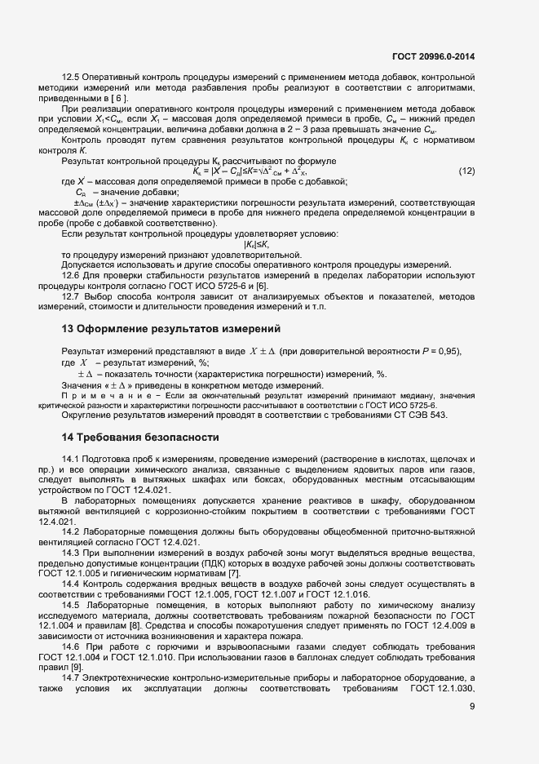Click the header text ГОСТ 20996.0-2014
tap(433, 56)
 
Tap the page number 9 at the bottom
tap(472, 729)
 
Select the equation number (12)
tap(466, 171)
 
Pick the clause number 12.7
tap(73, 296)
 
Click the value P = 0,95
tap(440, 351)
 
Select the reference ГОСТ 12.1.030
tap(443, 690)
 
